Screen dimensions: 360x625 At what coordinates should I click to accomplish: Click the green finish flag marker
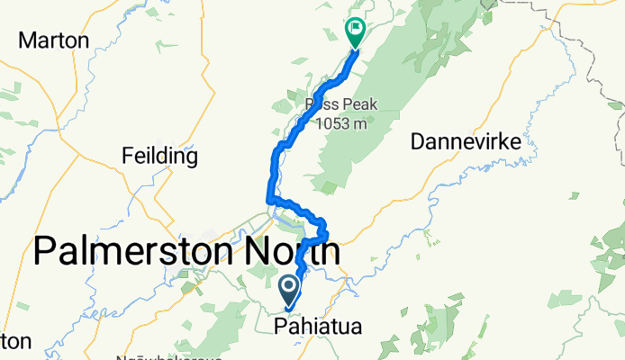[355, 33]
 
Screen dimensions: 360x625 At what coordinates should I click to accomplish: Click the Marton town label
[54, 40]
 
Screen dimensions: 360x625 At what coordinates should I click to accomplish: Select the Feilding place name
[159, 157]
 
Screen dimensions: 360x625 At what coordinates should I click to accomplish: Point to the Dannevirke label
[466, 141]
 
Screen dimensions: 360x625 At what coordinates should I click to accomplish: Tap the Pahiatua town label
[322, 327]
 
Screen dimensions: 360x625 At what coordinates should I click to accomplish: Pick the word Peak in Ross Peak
[358, 105]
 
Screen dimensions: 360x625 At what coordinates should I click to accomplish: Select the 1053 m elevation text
[342, 123]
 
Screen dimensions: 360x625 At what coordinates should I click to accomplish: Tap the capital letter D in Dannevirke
[418, 141]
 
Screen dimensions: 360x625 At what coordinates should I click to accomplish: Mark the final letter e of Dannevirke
[516, 142]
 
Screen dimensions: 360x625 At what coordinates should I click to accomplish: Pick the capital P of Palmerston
[45, 251]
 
